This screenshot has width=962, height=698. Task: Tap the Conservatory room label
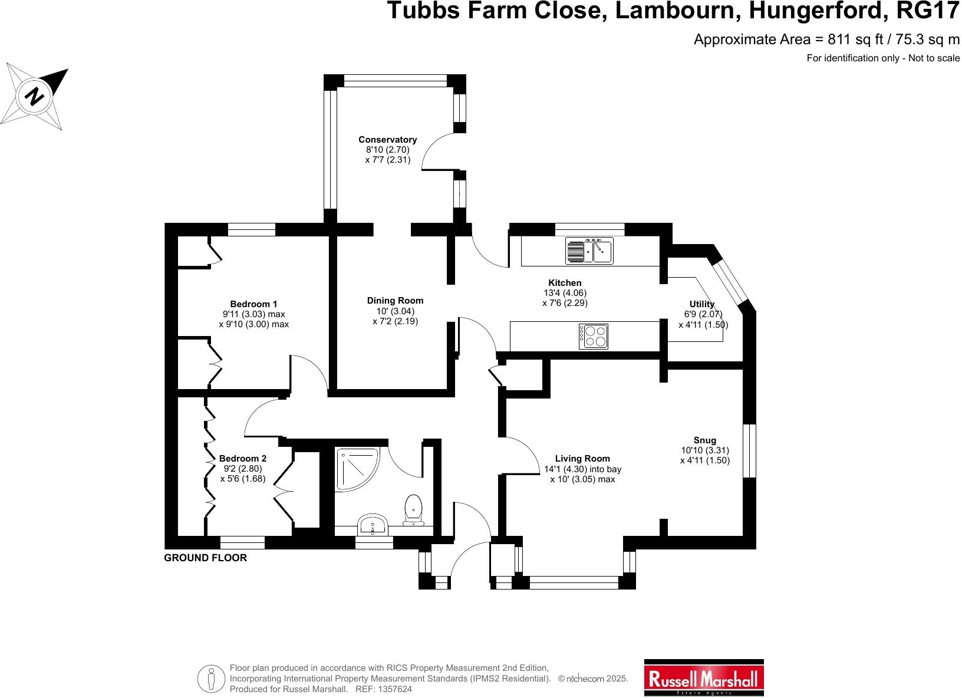[387, 140]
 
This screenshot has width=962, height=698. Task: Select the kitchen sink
[589, 251]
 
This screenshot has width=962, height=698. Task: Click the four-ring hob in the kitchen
[594, 336]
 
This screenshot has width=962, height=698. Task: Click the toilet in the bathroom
[413, 509]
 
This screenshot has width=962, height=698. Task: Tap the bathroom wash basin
[372, 523]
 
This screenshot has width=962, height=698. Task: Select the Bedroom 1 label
[253, 304]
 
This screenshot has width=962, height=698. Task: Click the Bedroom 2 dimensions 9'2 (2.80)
[243, 469]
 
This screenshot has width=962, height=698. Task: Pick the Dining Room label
[395, 301]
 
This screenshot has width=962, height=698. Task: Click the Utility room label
[701, 304]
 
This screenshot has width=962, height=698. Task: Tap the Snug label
[704, 440]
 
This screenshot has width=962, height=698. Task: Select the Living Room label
[582, 459]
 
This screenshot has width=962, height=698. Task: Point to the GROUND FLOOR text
[205, 558]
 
